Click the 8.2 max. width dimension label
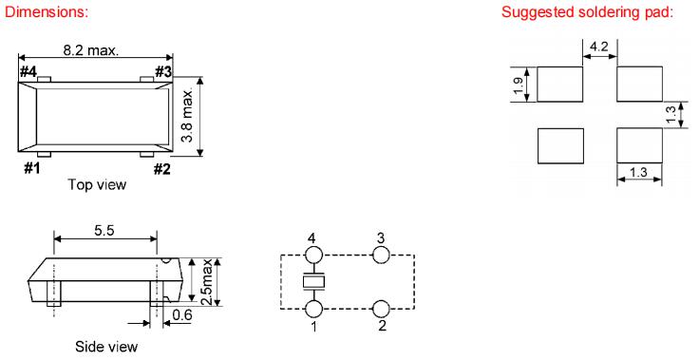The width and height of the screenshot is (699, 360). pyautogui.click(x=91, y=50)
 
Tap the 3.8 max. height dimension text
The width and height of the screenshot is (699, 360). pyautogui.click(x=188, y=115)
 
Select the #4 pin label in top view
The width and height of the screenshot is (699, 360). pyautogui.click(x=28, y=72)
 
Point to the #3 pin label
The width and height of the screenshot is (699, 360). pyautogui.click(x=163, y=71)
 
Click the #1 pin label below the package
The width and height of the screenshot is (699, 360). pyautogui.click(x=31, y=169)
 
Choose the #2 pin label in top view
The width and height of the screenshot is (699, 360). pyautogui.click(x=162, y=169)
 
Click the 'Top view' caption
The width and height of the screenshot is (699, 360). pyautogui.click(x=97, y=184)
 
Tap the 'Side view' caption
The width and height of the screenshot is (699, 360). pyautogui.click(x=106, y=347)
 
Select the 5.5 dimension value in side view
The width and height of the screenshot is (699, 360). pyautogui.click(x=104, y=230)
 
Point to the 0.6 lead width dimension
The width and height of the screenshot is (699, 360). pyautogui.click(x=182, y=315)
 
